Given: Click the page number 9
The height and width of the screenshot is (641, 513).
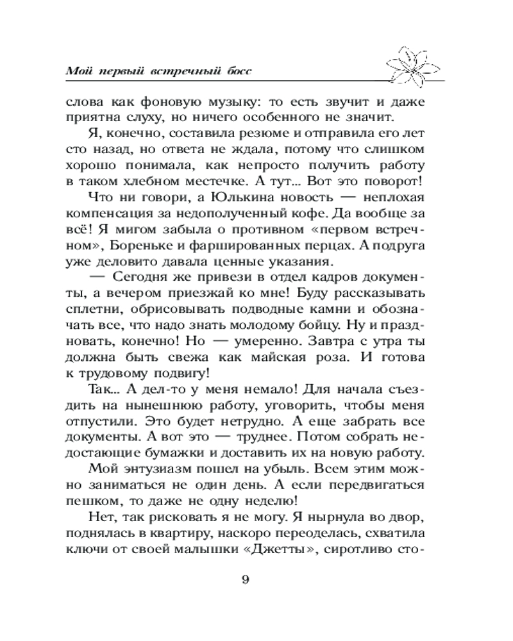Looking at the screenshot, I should point(246,583).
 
